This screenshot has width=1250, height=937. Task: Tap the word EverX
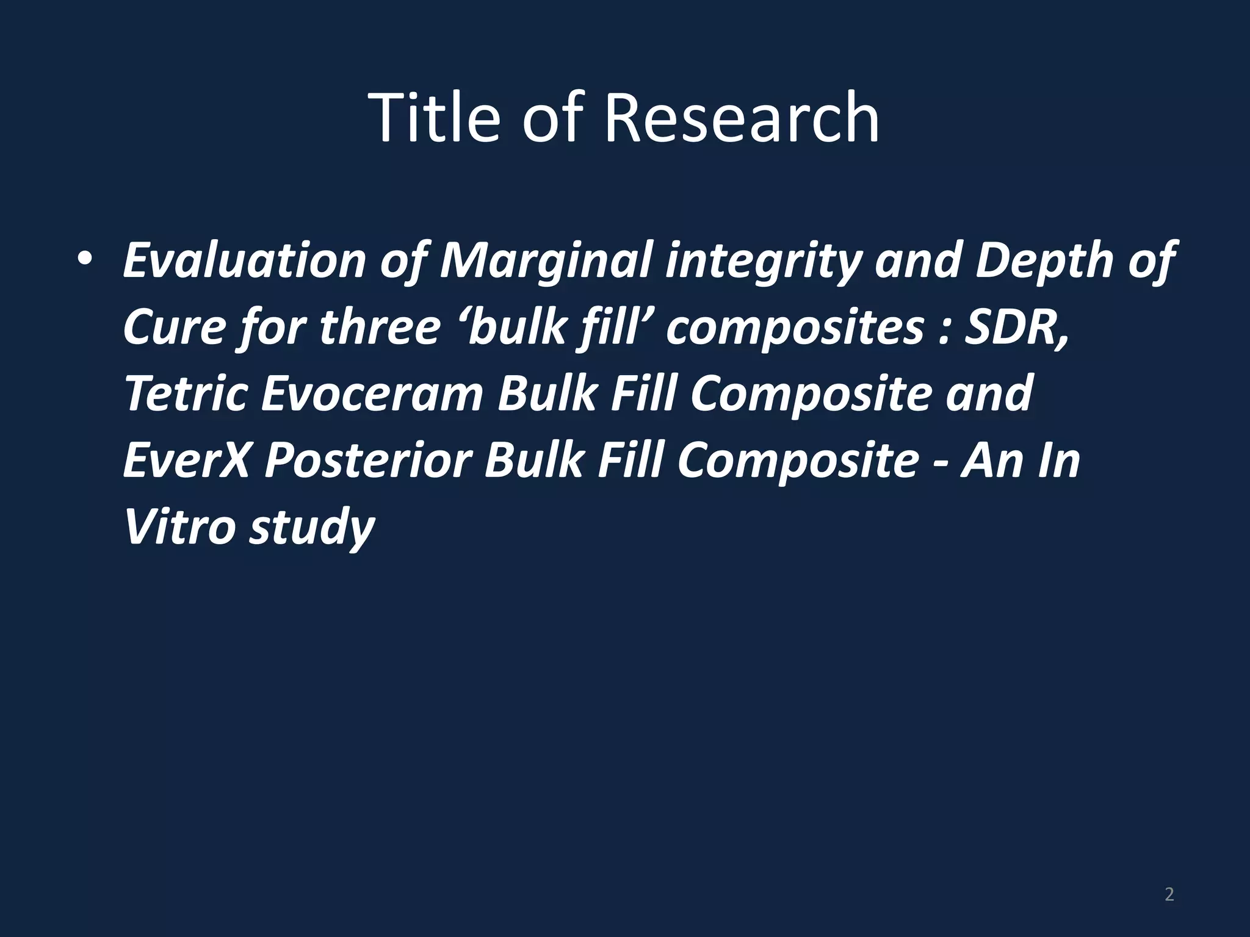click(186, 460)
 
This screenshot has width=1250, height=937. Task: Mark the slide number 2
click(1169, 894)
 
